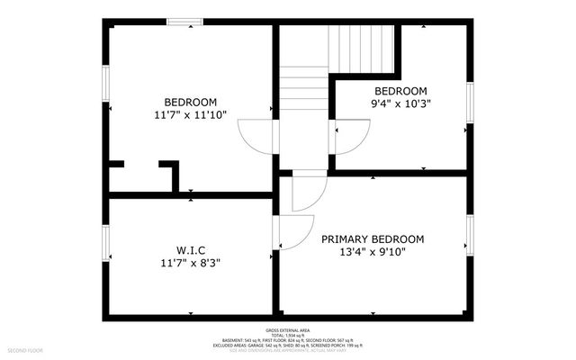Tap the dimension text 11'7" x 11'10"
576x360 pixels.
pos(189,114)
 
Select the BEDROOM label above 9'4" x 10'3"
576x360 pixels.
pos(400,91)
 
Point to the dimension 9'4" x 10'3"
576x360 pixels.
pos(400,104)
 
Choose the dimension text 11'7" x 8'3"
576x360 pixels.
pos(189,263)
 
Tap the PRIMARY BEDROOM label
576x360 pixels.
pos(373,238)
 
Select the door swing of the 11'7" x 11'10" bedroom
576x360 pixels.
pos(256,139)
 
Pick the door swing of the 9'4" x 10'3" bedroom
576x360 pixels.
pos(349,138)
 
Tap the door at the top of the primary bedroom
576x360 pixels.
pos(310,191)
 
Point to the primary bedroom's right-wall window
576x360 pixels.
pos(469,235)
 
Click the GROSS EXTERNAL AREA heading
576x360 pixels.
pos(288,330)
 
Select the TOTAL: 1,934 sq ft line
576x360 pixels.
pos(288,336)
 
